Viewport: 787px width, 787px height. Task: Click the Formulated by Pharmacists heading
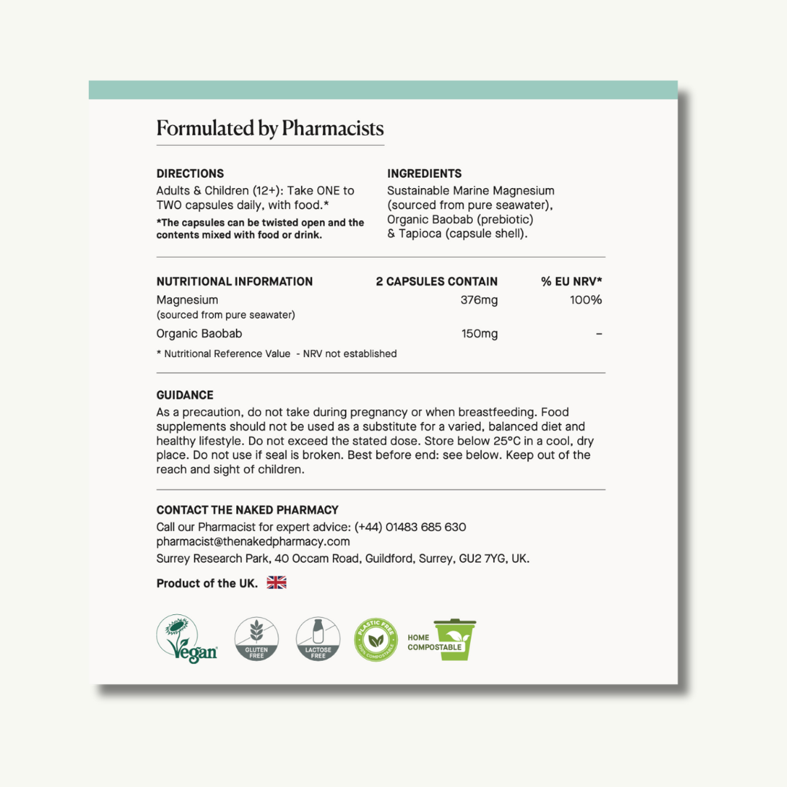click(270, 129)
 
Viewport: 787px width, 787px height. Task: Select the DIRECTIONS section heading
click(190, 173)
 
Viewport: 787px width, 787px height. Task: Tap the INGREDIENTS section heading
click(424, 173)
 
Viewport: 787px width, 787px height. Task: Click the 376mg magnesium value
click(479, 299)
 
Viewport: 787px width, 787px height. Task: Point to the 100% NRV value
click(586, 299)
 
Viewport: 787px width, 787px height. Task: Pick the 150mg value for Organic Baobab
click(479, 334)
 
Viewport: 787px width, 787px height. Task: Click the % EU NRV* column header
click(571, 281)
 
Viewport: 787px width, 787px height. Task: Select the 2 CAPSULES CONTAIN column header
click(436, 281)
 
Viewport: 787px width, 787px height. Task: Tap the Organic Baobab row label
click(199, 334)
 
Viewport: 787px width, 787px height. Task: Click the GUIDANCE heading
click(185, 395)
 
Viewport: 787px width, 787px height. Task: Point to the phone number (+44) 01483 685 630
click(410, 527)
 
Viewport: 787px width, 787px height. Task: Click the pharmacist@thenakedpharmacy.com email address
click(253, 541)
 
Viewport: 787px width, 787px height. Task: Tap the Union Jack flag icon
click(276, 582)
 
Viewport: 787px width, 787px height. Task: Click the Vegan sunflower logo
click(187, 639)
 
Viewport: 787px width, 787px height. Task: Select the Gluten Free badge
click(257, 639)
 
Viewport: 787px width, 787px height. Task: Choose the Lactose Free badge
click(318, 639)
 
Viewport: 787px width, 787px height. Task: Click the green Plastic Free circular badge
click(376, 639)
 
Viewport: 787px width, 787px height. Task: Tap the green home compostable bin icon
click(454, 639)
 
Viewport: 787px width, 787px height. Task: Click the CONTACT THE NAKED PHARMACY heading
click(248, 510)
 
